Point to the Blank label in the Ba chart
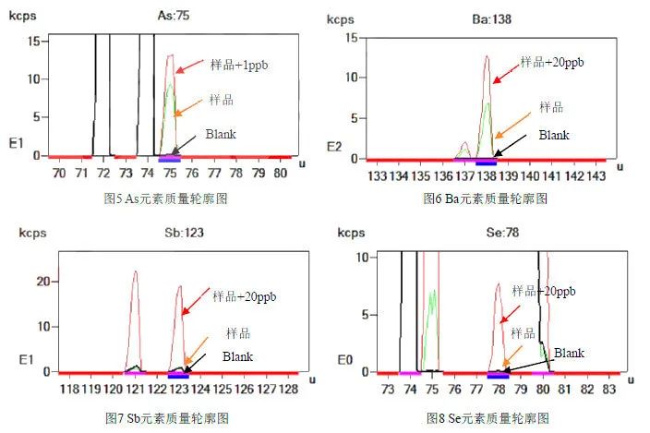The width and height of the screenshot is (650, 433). pos(554,135)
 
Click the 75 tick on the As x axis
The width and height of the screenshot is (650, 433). pos(170,172)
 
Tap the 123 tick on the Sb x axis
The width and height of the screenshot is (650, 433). pos(178,390)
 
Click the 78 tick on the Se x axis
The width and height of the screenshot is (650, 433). pos(499,390)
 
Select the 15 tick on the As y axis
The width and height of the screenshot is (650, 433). pos(32,41)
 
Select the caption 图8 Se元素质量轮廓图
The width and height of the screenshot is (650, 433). pos(488,418)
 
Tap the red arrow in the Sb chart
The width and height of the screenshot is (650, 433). pos(196,304)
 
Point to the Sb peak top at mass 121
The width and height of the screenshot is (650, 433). pos(135,271)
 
